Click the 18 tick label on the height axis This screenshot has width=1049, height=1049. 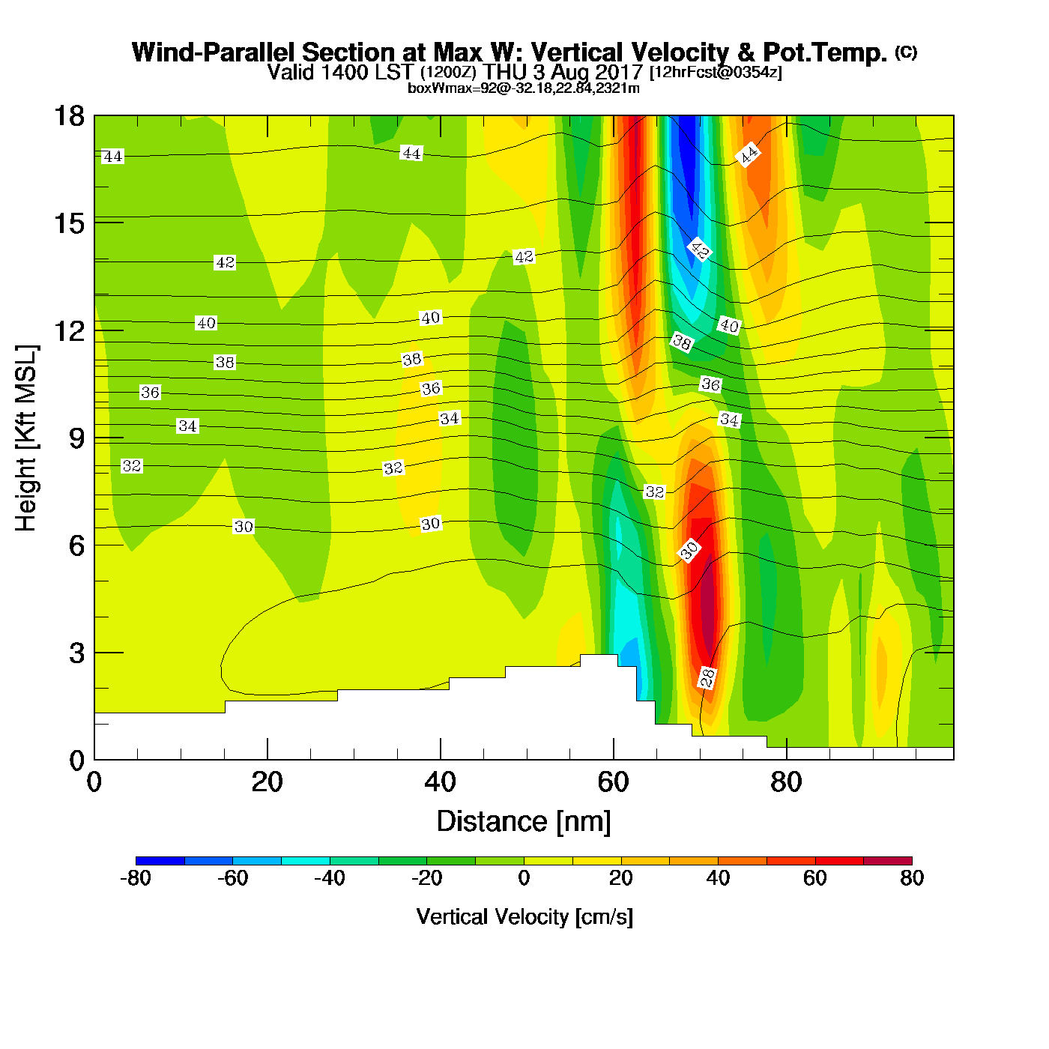pos(69,116)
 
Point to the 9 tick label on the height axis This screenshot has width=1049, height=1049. pos(76,438)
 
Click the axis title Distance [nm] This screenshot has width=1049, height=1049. pos(524,822)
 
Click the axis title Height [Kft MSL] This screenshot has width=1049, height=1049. pos(26,438)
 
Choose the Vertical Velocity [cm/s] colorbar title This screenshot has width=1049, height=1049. pos(524,917)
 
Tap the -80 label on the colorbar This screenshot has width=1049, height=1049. pos(136,878)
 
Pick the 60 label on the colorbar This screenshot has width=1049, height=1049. pos(814,878)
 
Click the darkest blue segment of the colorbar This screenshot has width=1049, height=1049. pos(160,860)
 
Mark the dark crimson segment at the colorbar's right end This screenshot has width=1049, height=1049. pos(887,860)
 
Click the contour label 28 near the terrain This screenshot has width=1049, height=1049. pos(707,677)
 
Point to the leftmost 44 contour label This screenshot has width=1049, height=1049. pos(112,157)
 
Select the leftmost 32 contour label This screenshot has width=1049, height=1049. pos(132,466)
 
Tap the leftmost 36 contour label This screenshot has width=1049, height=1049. pos(150,393)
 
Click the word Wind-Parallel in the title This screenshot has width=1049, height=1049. pos(214,52)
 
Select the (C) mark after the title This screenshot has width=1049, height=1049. pos(906,52)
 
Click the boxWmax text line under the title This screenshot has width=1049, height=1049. pos(524,88)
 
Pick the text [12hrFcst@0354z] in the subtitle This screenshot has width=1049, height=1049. pos(716,73)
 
